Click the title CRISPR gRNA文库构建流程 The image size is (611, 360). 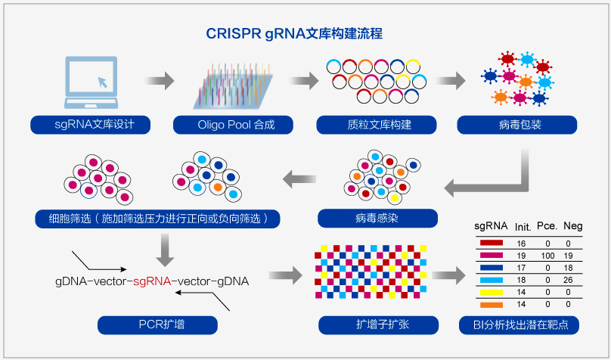point(294,33)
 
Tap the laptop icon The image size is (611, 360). point(91,82)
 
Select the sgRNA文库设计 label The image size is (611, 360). point(91,125)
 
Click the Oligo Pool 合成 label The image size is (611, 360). point(233,125)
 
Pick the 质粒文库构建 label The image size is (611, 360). point(377,125)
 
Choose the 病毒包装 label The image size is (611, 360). point(517,125)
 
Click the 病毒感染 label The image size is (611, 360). point(377,218)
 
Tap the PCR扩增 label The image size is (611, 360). point(157,325)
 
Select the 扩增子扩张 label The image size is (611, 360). point(378,325)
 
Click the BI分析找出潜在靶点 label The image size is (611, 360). point(519,325)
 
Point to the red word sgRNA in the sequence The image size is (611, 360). point(152,281)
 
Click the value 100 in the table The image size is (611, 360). point(547,256)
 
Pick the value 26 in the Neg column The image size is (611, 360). point(568,280)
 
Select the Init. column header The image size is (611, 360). point(523,227)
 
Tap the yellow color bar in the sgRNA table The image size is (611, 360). point(492,292)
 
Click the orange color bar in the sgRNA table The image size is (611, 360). point(492,305)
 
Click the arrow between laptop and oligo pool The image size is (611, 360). point(160,81)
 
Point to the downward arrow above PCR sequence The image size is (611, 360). point(165,250)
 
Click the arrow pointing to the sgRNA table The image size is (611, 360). point(448,276)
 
